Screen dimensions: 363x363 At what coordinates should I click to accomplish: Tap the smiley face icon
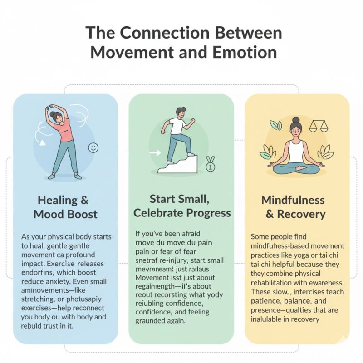pos(93,147)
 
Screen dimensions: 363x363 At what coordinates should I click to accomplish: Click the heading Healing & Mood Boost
pos(64,207)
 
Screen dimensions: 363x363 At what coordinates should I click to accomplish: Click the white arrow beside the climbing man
pos(155,153)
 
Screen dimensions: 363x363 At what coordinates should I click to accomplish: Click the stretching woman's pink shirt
pos(65,132)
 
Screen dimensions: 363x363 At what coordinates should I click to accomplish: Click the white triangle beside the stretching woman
pos(43,144)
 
